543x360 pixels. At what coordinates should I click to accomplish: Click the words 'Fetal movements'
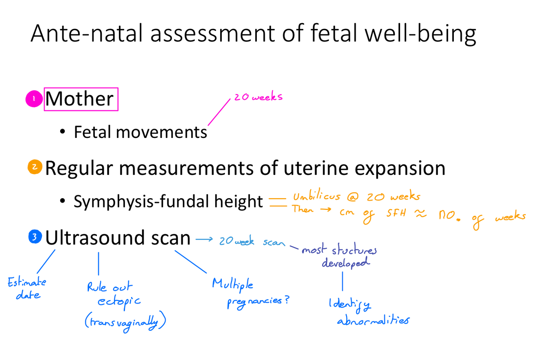[140, 132]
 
